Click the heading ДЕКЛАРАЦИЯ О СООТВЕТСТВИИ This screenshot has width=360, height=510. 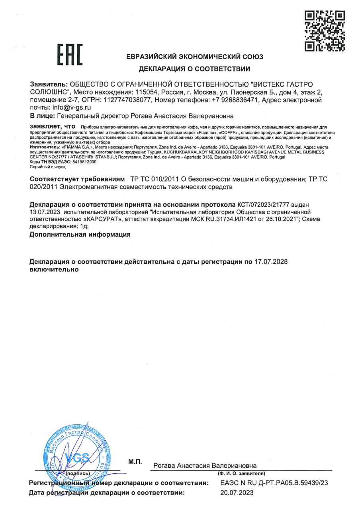coord(194,69)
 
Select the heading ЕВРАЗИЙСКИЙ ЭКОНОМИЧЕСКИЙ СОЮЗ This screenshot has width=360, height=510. coord(194,57)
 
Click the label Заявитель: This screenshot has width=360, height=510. coord(49,84)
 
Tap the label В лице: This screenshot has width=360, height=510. coord(43,116)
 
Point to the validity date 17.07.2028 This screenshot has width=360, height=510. coord(271,261)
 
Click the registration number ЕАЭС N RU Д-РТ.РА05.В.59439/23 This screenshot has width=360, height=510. coord(274,483)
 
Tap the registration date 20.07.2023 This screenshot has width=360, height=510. coord(237,493)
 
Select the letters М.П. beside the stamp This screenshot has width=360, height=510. coord(135,462)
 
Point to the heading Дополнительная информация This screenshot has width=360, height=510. coord(80,234)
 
